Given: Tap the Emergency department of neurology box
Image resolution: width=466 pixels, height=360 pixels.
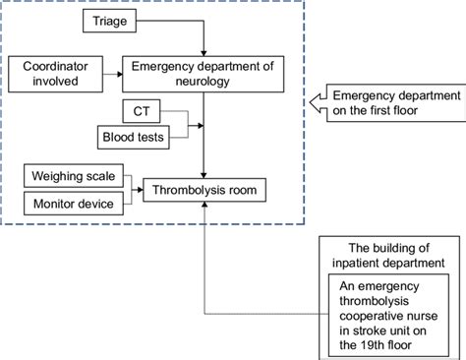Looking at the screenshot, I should (x=201, y=72).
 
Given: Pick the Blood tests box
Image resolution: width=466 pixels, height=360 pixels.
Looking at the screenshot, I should (x=132, y=136).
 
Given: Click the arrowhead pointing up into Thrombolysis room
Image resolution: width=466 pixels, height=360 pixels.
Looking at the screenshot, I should (x=203, y=204).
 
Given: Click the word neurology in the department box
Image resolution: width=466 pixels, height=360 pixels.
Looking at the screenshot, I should (x=201, y=80).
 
